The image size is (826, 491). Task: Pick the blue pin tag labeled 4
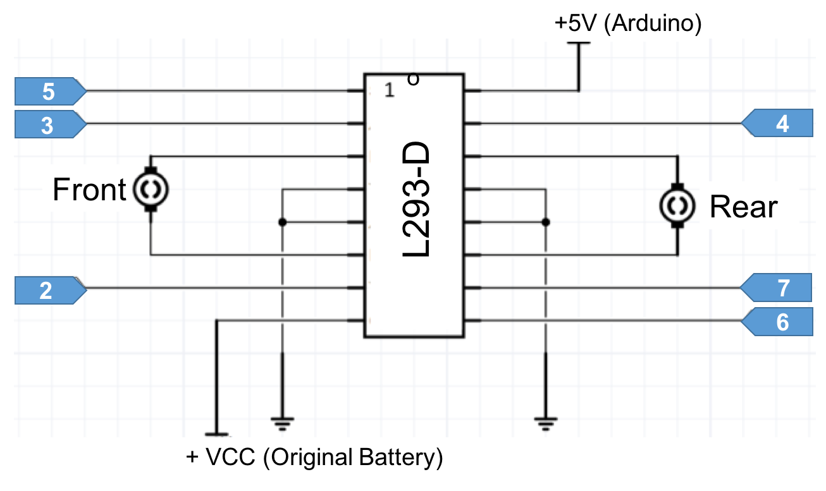point(780,124)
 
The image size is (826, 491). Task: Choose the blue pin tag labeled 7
point(780,288)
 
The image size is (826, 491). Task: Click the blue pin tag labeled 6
point(780,322)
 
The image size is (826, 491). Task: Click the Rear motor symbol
point(677,205)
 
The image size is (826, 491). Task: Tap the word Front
point(90,189)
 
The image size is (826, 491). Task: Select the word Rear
point(743,207)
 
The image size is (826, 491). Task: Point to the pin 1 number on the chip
point(389,91)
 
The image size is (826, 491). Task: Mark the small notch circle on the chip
point(413,80)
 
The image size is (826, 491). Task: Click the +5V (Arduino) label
point(628,24)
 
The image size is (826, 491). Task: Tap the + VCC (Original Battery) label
point(314,457)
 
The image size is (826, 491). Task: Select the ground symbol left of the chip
point(282,421)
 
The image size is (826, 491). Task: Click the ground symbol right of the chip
point(546,421)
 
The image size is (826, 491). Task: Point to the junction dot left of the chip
point(282,222)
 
